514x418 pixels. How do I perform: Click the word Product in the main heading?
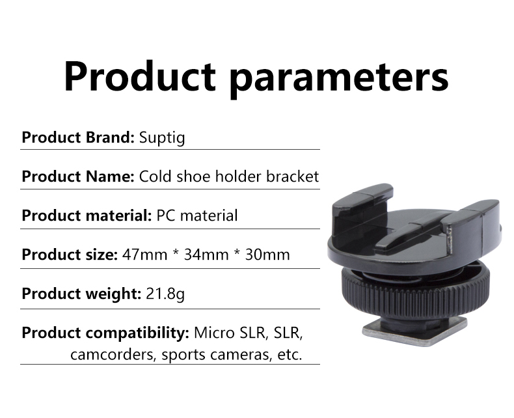coord(140,76)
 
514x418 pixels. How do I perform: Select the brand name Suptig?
coord(162,138)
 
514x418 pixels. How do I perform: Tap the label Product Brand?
coord(78,137)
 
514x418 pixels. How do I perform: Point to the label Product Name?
coord(78,176)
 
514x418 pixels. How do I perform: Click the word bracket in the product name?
coord(292,176)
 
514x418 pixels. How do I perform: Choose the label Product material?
coord(87,216)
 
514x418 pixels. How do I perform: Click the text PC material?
coord(197,216)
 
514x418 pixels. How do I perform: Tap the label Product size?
coord(70,255)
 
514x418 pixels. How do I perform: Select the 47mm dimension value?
coord(144,255)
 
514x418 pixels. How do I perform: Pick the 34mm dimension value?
coord(206,255)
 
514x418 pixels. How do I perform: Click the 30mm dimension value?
coord(267,255)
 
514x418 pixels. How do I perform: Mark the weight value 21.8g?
coord(165,294)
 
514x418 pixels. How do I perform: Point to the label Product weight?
coord(81,294)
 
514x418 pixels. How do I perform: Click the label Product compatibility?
coord(105,333)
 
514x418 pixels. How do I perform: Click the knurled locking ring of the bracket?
coord(416,288)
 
